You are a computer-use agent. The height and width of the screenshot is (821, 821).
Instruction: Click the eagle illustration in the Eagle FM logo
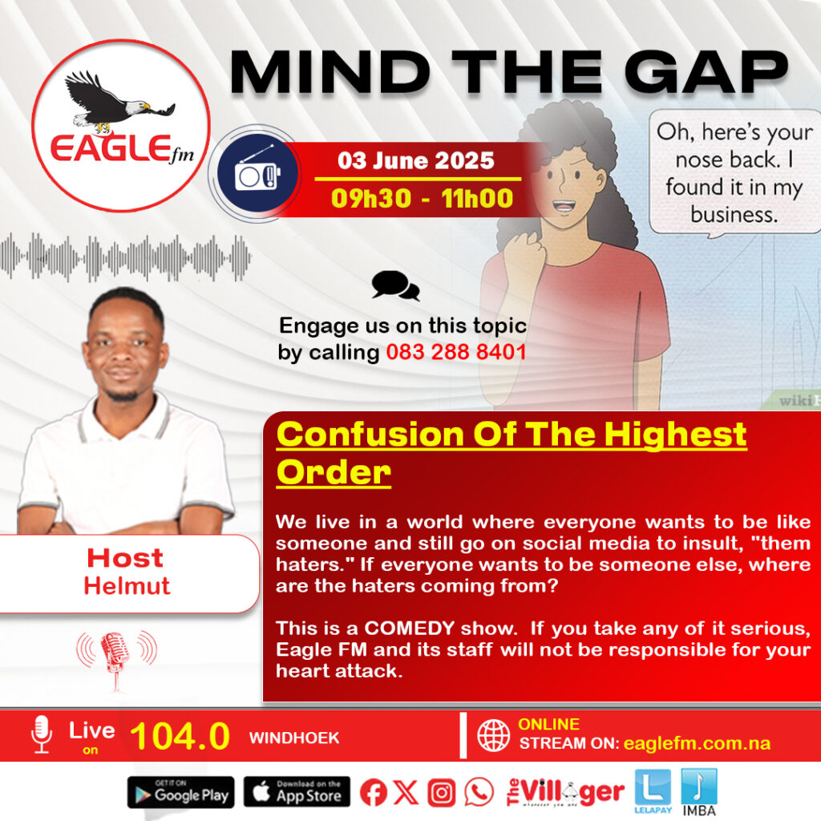click(x=116, y=100)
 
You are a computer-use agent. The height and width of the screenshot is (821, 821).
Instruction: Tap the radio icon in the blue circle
click(x=254, y=172)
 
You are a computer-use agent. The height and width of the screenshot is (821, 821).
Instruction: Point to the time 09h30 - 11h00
click(x=422, y=197)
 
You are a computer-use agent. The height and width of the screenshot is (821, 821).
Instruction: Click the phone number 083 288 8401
click(x=455, y=351)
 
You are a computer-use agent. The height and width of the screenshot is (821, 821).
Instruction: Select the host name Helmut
click(x=127, y=585)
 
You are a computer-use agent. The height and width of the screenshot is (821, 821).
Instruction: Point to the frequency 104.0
click(x=180, y=736)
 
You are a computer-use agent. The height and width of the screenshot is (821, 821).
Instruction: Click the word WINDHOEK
click(x=293, y=738)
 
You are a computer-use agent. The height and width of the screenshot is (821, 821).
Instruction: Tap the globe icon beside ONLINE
click(x=493, y=734)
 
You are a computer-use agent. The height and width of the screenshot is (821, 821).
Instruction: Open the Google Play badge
click(x=180, y=792)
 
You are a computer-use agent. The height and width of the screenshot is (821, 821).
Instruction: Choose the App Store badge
click(x=297, y=792)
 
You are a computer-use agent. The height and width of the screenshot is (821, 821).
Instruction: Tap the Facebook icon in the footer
click(x=373, y=793)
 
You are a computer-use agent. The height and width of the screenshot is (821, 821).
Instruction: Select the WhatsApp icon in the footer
click(x=479, y=793)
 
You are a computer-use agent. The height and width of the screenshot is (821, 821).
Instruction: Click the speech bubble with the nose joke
click(x=734, y=172)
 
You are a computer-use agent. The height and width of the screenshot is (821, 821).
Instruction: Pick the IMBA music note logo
click(x=699, y=789)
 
